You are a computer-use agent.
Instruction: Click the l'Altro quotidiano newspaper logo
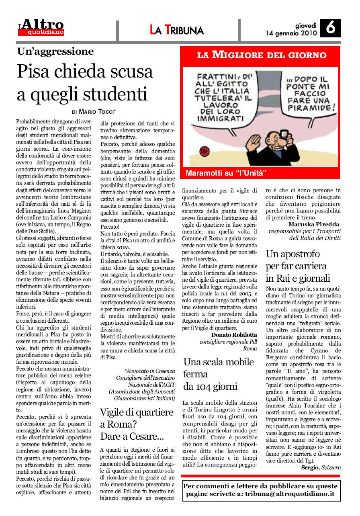click(42, 27)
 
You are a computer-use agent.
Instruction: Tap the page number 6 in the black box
click(330, 29)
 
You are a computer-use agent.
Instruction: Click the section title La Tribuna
click(177, 30)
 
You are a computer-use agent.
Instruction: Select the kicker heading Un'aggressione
click(55, 51)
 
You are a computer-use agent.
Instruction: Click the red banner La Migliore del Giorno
click(262, 55)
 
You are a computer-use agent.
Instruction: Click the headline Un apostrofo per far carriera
click(297, 266)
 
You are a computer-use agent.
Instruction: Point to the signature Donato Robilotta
click(234, 335)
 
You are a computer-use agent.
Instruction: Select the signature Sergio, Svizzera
click(321, 467)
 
